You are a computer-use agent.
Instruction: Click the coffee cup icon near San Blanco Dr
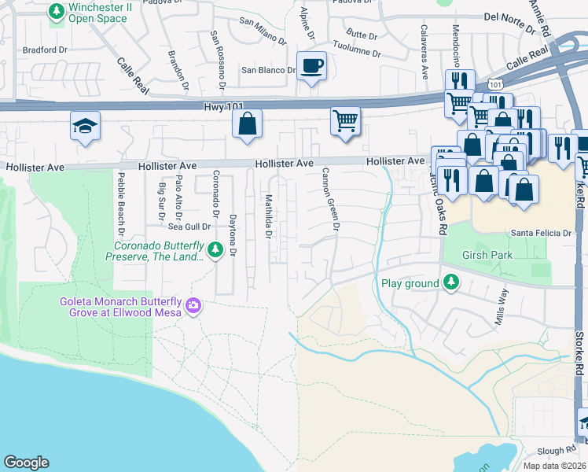(x=312, y=66)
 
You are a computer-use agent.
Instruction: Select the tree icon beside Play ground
(x=451, y=281)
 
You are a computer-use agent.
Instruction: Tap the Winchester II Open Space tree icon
(x=57, y=11)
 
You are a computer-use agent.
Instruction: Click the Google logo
(x=26, y=463)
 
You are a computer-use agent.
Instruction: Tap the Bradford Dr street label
(x=45, y=50)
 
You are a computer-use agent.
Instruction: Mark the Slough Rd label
(x=557, y=451)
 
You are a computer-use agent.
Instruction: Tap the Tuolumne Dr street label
(x=355, y=54)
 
